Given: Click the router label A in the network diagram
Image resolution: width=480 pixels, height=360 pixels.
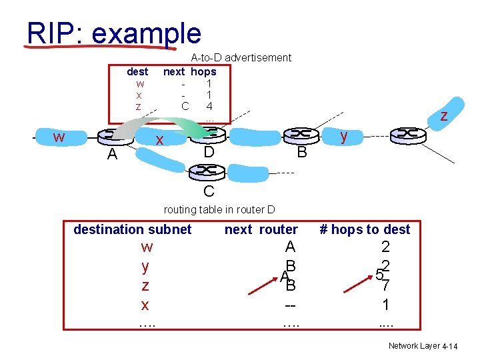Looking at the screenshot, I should tap(112, 155).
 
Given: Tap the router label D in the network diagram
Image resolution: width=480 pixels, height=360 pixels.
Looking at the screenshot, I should tap(209, 153).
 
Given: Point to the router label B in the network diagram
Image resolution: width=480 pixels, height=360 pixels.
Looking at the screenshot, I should tap(301, 153).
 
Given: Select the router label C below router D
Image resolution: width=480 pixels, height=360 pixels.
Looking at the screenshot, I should tap(209, 192).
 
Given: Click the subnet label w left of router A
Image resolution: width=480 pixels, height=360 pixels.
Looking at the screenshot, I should tap(59, 137).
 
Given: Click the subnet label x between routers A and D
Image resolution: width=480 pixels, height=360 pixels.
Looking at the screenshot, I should tap(159, 141).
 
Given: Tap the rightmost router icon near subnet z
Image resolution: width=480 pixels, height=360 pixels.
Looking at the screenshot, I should tap(408, 134).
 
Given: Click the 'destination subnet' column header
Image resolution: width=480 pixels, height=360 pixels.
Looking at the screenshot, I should tap(132, 229).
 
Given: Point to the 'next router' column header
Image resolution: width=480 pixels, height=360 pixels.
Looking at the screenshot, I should tap(261, 229).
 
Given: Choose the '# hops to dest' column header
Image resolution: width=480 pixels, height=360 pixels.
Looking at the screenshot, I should tap(365, 229).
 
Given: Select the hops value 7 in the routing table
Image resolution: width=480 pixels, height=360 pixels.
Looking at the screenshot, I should tap(385, 286).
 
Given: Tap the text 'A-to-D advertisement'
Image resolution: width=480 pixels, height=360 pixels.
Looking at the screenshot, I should tap(241, 58).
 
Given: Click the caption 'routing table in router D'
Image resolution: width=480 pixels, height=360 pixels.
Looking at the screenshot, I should tap(219, 209).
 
